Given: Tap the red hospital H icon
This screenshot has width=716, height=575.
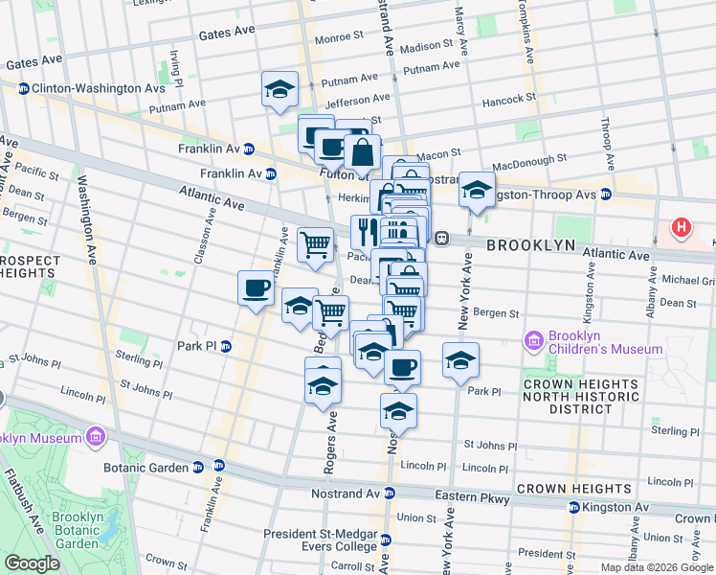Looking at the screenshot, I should pos(681,228).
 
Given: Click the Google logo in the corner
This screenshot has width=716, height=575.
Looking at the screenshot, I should pos(32,563).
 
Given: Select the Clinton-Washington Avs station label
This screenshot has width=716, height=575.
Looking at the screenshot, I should pos(86,88).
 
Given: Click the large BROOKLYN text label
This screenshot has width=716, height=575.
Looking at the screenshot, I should pos(530,245).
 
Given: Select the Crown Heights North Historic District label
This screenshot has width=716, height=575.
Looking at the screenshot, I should pos(580,396).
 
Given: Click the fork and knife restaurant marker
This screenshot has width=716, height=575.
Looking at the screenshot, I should pos(365,231).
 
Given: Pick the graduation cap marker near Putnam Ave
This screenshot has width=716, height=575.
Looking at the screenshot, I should pos(280,89).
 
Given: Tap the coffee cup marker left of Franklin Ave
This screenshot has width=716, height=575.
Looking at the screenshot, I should pos(256,287).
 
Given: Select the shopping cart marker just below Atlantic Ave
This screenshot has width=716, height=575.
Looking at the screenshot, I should pos(315,245).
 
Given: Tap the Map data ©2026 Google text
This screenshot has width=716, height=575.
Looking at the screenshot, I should pos(656,567).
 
